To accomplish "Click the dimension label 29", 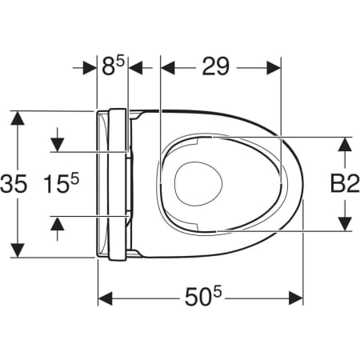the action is pyautogui.click(x=215, y=66).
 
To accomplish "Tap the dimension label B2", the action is pyautogui.click(x=345, y=183).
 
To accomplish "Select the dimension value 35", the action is pyautogui.click(x=14, y=184).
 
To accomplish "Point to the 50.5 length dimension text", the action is pyautogui.click(x=203, y=297).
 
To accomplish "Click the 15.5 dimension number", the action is pyautogui.click(x=62, y=183).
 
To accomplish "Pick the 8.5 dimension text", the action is pyautogui.click(x=114, y=66).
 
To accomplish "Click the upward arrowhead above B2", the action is pyautogui.click(x=346, y=146).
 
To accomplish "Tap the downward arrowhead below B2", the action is pyautogui.click(x=346, y=223).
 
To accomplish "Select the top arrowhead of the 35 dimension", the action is pyautogui.click(x=18, y=118).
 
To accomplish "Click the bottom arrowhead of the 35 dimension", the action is pyautogui.click(x=18, y=250).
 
